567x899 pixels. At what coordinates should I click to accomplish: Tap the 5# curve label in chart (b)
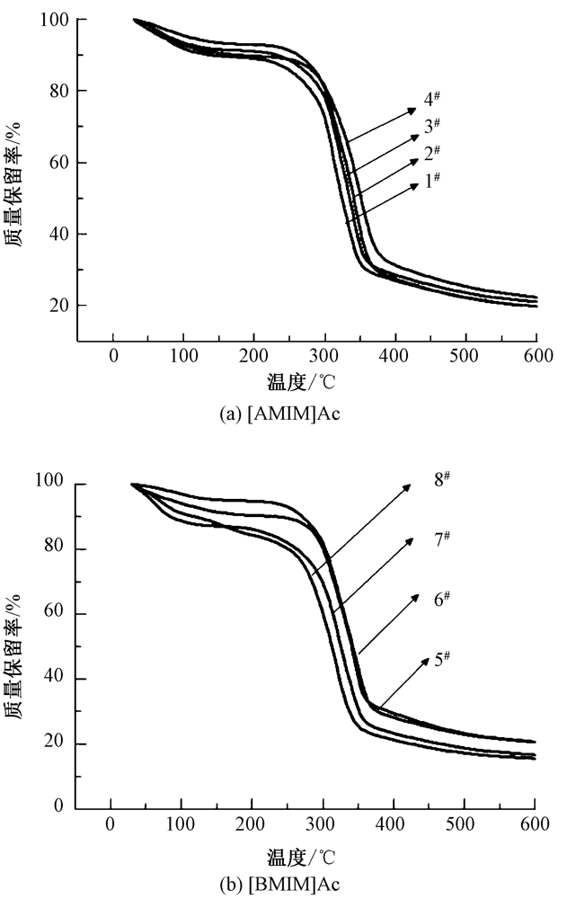coord(440,658)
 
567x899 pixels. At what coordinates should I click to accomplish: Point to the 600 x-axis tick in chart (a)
coord(536,357)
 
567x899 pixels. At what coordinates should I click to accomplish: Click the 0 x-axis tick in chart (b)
coord(111,822)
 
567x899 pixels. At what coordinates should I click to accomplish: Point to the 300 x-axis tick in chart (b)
coord(322,822)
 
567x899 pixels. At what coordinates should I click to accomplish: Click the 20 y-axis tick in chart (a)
coord(61,306)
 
